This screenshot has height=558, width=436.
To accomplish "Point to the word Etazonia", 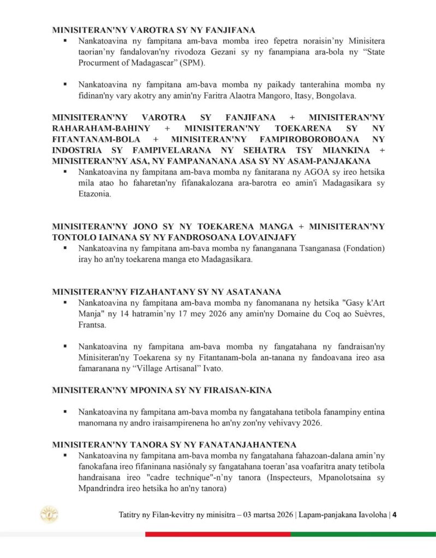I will click(94, 194).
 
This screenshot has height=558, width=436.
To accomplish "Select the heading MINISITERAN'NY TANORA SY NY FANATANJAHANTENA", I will click(175, 444).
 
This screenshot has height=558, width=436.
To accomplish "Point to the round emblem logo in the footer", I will click(50, 514).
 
